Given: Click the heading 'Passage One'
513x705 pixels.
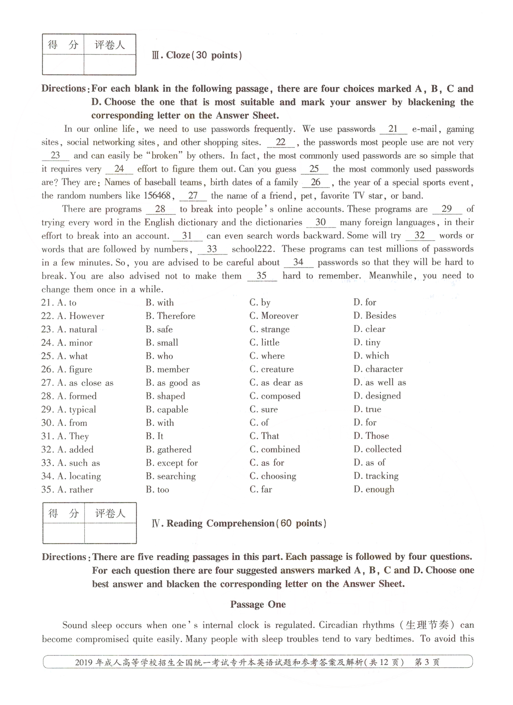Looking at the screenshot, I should tap(258, 604).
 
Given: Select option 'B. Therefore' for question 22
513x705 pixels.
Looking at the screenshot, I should tap(170, 316).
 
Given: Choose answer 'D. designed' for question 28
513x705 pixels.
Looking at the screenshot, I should tap(377, 396).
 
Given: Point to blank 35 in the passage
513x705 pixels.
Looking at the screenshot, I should tap(262, 276).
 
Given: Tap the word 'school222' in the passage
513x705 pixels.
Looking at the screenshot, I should tap(254, 249).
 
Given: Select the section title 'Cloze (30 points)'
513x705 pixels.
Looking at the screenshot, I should tap(197, 55).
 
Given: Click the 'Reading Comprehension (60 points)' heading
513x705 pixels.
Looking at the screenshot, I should tap(239, 523).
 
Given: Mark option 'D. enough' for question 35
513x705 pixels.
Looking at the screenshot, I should tap(374, 489).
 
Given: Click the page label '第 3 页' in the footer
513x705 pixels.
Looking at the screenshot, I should tap(427, 663).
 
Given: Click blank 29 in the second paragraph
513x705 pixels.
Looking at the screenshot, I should tap(446, 209).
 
